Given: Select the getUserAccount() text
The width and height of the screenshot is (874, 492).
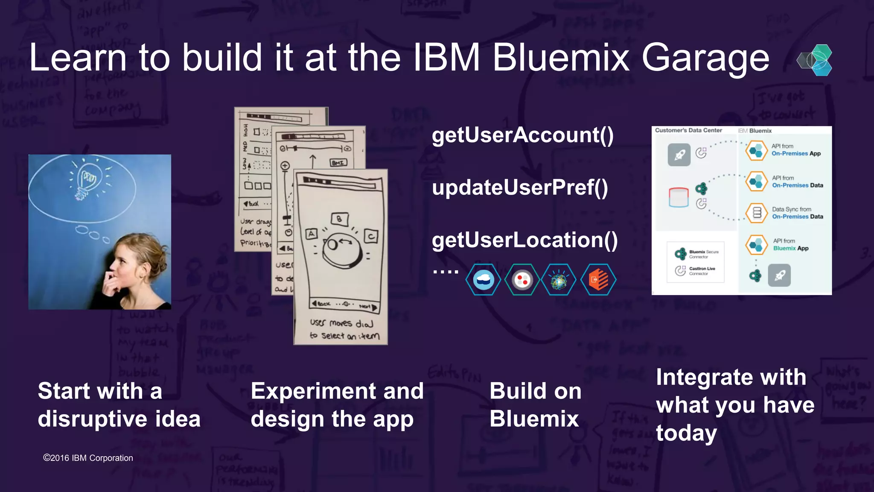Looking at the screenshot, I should click(x=522, y=135).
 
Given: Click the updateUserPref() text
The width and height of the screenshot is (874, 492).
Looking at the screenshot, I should click(x=519, y=188).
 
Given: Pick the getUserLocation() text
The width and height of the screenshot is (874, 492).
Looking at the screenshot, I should click(x=524, y=240).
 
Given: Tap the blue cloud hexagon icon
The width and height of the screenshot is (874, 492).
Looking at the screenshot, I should click(x=483, y=280).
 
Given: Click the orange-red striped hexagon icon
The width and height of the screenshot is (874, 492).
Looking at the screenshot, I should click(x=598, y=280).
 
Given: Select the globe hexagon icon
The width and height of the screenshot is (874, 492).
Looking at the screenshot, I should click(x=559, y=280).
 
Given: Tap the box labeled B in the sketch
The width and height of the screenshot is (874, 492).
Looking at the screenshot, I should click(x=340, y=219).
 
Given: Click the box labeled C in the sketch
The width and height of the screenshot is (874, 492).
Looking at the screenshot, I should click(x=371, y=236).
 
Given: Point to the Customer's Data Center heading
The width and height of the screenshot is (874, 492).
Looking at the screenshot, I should click(x=688, y=130).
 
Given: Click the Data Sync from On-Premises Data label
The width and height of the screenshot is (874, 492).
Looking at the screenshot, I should click(x=797, y=213).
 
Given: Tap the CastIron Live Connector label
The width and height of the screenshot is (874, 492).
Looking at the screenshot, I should click(x=702, y=271).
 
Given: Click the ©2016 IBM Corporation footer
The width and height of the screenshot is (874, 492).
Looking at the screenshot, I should click(x=88, y=458).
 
